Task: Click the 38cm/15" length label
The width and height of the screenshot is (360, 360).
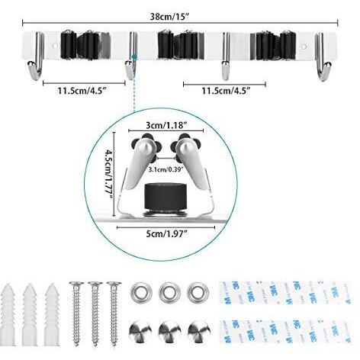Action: click(170, 17)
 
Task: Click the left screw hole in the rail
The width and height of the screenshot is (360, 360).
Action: click(54, 47)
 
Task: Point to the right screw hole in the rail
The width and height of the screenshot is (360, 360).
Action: click(304, 47)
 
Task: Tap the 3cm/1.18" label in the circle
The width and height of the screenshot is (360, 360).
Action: click(166, 125)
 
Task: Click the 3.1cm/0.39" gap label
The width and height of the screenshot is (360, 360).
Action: click(166, 169)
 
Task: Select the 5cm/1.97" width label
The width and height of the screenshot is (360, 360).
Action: click(166, 233)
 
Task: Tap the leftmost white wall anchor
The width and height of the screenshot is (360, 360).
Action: click(8, 313)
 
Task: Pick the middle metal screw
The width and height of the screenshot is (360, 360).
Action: click(95, 313)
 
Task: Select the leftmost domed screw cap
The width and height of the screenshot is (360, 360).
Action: click(140, 331)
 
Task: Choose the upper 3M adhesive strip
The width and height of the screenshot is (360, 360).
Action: click(286, 293)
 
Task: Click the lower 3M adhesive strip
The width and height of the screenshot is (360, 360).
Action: click(286, 331)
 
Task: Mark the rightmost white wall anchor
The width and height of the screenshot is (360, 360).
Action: click(52, 313)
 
